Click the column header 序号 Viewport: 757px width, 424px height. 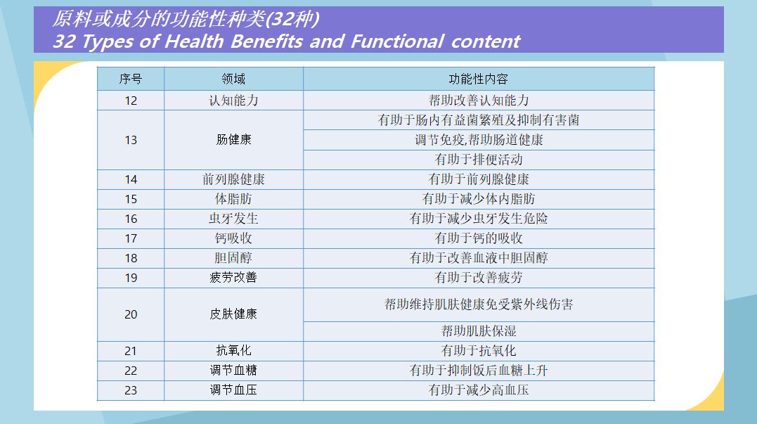130,79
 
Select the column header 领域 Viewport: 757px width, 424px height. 233,79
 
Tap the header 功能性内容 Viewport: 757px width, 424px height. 479,79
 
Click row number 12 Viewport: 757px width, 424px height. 131,101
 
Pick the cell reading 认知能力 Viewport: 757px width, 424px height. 233,101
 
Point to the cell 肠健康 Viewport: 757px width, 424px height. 233,139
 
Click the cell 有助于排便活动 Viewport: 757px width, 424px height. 479,160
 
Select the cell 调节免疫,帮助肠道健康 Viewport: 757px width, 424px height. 479,140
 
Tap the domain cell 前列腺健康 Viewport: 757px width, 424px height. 233,179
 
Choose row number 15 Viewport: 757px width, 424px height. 131,200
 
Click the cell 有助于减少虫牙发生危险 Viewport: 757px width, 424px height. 479,219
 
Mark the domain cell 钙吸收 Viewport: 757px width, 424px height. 233,238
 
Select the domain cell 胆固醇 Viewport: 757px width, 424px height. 233,258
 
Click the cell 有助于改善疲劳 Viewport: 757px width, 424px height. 479,278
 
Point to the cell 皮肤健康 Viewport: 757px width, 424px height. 233,314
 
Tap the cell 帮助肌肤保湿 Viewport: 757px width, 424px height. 479,330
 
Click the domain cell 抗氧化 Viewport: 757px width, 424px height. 233,351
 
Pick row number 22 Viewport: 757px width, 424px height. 131,371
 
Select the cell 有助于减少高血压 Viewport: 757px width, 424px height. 479,390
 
